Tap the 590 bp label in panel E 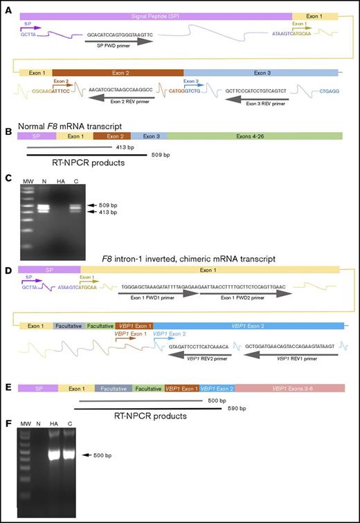225,410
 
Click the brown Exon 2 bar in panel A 117,72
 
